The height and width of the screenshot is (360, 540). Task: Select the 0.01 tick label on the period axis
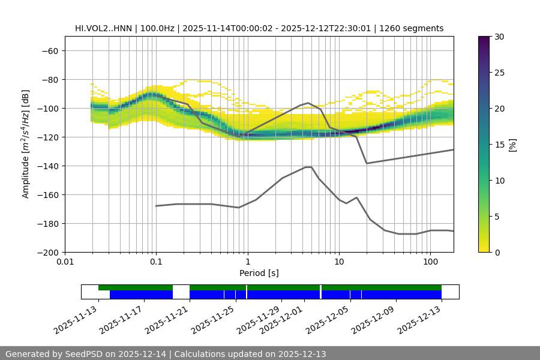pyautogui.click(x=65, y=262)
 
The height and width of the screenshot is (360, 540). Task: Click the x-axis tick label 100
pyautogui.click(x=430, y=262)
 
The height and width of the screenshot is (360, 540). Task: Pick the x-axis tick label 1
pyautogui.click(x=247, y=262)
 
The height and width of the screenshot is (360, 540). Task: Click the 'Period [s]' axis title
pyautogui.click(x=259, y=273)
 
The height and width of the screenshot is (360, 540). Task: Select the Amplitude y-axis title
pyautogui.click(x=26, y=144)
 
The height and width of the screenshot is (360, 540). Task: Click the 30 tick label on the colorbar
pyautogui.click(x=499, y=37)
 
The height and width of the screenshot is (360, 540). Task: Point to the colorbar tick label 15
pyautogui.click(x=499, y=145)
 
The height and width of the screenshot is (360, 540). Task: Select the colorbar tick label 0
pyautogui.click(x=497, y=252)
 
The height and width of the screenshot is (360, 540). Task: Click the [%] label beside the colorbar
pyautogui.click(x=512, y=144)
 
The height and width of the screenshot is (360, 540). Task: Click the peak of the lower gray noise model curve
pyautogui.click(x=308, y=167)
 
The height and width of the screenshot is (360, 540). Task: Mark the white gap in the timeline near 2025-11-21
pyautogui.click(x=181, y=292)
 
